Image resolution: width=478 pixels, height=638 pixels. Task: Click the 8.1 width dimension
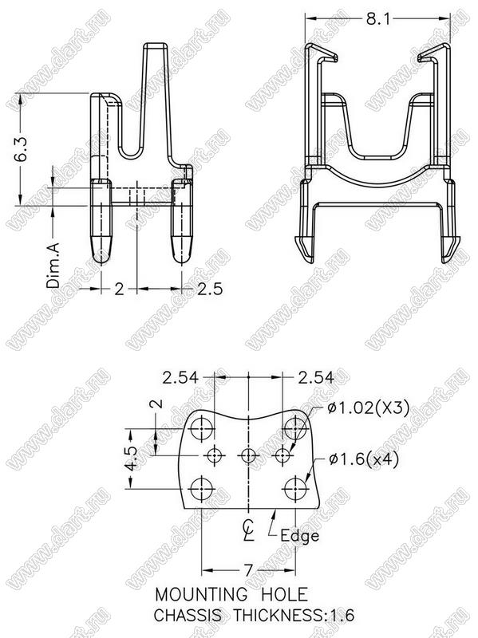point(377,18)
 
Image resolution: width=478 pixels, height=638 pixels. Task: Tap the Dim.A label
point(53,265)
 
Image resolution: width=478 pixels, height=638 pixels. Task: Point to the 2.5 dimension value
point(210,289)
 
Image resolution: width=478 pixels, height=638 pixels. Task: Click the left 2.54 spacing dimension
point(180,377)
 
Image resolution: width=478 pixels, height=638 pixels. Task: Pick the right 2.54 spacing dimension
point(316,377)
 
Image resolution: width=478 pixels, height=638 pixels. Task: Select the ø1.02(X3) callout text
point(368,408)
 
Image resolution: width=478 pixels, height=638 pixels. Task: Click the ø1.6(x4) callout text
point(364,459)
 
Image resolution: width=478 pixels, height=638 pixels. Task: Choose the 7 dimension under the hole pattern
point(248,570)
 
